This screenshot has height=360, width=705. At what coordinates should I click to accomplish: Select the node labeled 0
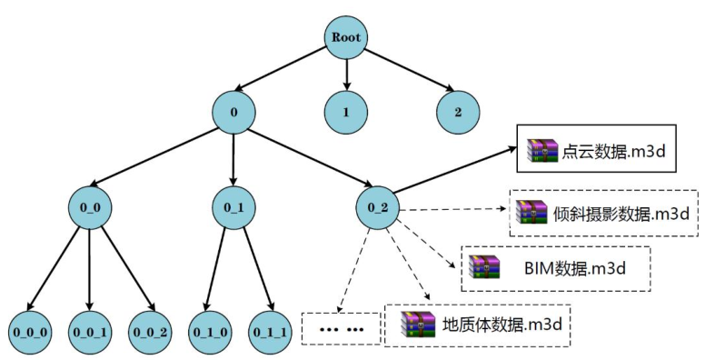click(x=234, y=112)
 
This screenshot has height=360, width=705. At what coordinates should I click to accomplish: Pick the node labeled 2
click(x=456, y=114)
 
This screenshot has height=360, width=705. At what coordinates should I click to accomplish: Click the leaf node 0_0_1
click(x=89, y=328)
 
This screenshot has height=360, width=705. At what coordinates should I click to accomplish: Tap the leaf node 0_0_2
click(x=150, y=328)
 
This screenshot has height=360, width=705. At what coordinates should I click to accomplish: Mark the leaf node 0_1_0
click(x=211, y=328)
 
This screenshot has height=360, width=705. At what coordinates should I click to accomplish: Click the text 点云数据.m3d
click(x=616, y=150)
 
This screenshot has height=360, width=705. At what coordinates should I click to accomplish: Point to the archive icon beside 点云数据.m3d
click(x=543, y=150)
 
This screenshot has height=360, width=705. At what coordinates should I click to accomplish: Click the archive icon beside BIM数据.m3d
click(x=484, y=268)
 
